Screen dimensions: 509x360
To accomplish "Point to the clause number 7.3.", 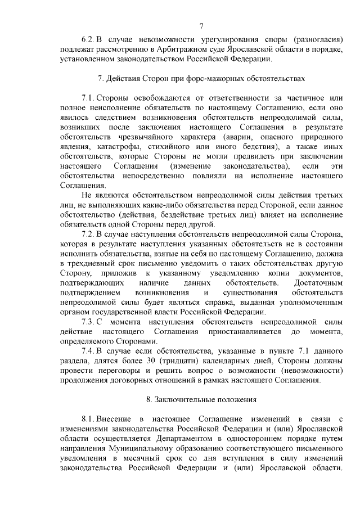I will [87, 322].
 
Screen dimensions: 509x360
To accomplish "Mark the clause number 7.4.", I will [87, 351].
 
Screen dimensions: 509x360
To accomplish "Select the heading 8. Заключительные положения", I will [201, 400].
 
